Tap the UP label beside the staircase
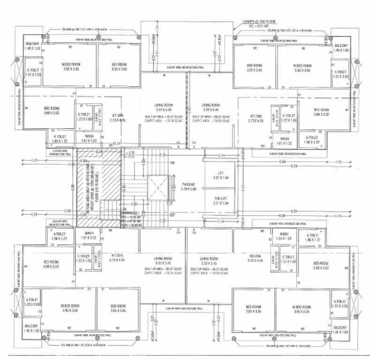[x=173, y=216]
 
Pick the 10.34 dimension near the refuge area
[x=117, y=143]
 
